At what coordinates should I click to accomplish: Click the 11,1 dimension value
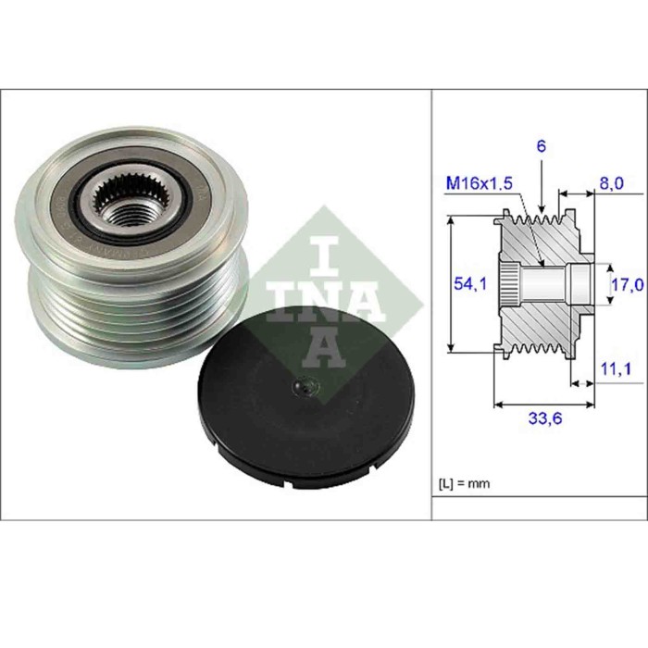tap(612, 370)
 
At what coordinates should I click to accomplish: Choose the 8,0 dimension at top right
tap(612, 184)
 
